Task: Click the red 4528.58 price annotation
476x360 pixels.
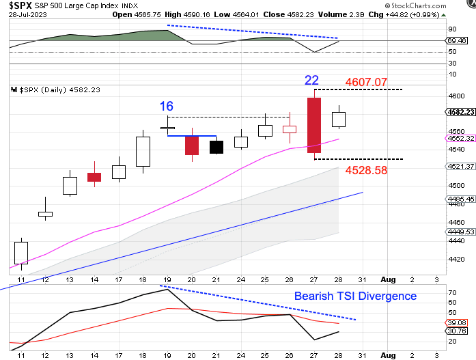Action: point(366,170)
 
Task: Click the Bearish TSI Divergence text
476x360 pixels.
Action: point(355,296)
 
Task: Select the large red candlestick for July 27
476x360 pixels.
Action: point(314,124)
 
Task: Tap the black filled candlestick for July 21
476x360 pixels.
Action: point(216,146)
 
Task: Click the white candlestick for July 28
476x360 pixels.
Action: point(339,120)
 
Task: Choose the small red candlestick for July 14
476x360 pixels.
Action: point(94,177)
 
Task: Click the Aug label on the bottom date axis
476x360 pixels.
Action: point(388,355)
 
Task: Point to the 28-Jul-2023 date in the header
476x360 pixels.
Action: point(23,15)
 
